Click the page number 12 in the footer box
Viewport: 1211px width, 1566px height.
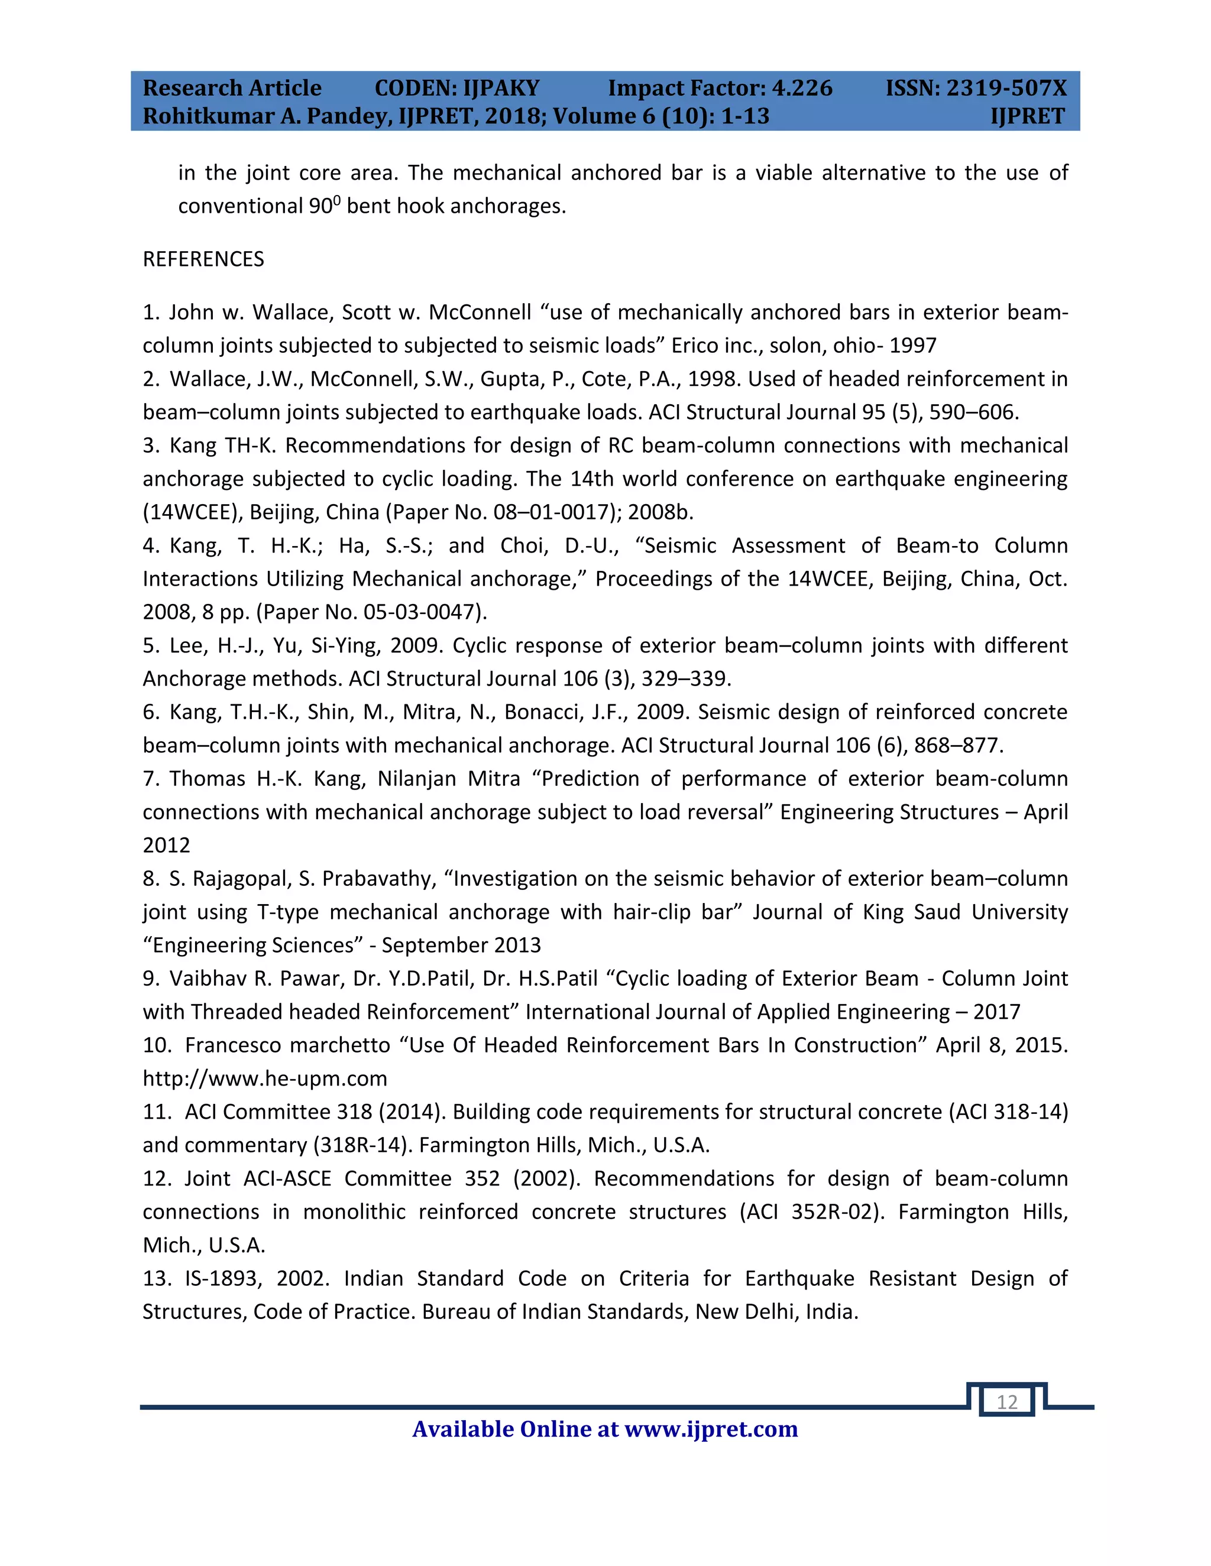point(1006,1402)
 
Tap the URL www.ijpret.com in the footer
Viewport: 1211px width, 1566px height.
point(711,1429)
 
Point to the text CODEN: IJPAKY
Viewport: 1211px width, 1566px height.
point(456,87)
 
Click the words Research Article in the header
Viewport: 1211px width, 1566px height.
point(232,87)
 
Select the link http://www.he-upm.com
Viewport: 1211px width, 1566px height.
point(265,1078)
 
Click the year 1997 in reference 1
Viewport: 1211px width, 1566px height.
point(912,346)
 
